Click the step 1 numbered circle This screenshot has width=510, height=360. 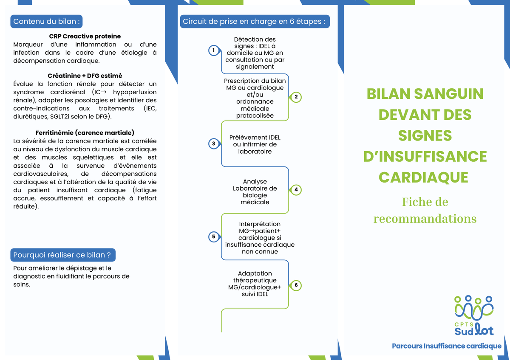coord(214,51)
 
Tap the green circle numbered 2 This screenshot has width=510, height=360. coord(296,97)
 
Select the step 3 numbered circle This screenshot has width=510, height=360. coord(214,144)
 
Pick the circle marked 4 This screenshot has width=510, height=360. coord(296,190)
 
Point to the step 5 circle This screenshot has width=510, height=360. coord(214,237)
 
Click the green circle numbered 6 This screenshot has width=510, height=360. coord(296,285)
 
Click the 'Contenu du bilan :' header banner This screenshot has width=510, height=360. coord(46,21)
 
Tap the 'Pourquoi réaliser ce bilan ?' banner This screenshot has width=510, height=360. coord(63,255)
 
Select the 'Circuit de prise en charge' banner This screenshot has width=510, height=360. coord(255,21)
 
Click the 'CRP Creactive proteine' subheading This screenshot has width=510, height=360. coord(85,36)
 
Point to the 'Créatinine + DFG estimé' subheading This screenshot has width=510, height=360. coord(85,76)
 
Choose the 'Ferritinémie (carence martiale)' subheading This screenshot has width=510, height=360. coord(85,133)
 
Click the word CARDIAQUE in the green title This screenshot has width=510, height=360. coord(423,177)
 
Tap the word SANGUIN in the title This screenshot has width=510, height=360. coord(448,94)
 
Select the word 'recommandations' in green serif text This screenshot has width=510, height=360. coord(425,219)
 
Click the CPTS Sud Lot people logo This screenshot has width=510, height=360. coord(474,315)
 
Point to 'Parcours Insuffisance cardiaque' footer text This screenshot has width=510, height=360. coord(447,346)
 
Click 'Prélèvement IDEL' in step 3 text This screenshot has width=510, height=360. coord(255,138)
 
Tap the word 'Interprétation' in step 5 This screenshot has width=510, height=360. coord(260,224)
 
